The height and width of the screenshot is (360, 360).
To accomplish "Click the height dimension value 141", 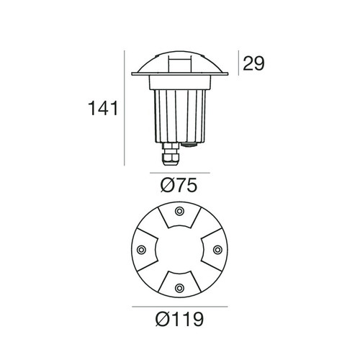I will coord(104,110).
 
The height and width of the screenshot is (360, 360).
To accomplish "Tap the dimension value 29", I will coord(253,63).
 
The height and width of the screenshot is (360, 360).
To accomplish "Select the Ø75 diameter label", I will coord(179,186).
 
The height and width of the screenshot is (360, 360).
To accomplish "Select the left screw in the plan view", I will coord(142,249).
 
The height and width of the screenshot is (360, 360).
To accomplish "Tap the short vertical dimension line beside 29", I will coord(238,63).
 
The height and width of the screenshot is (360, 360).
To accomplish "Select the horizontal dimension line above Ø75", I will coord(180,174).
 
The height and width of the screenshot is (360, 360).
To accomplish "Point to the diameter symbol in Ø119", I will coord(163,318).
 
